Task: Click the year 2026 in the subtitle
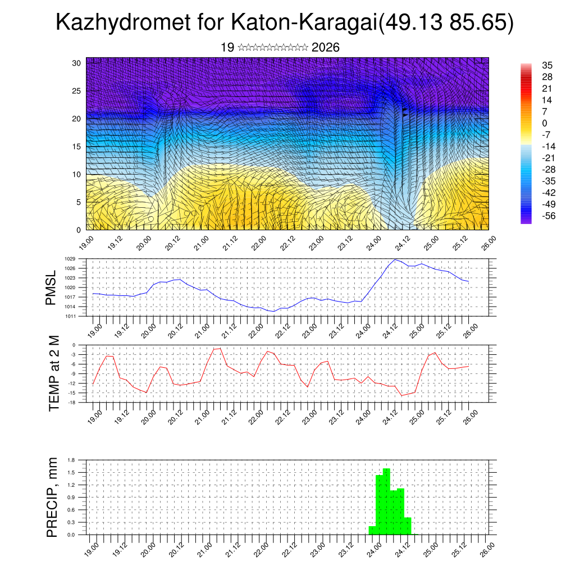(x=325, y=48)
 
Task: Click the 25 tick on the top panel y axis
(x=77, y=90)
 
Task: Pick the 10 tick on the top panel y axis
(x=77, y=174)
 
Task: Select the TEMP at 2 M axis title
(x=54, y=374)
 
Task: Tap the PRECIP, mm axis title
(x=52, y=496)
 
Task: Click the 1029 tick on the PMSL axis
(x=70, y=259)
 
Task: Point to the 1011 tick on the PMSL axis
(x=70, y=316)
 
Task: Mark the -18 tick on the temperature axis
(x=72, y=403)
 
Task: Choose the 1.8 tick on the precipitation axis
(x=71, y=460)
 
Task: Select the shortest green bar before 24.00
(x=372, y=530)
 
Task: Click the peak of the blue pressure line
(x=395, y=259)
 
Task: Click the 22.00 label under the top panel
(x=259, y=242)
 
